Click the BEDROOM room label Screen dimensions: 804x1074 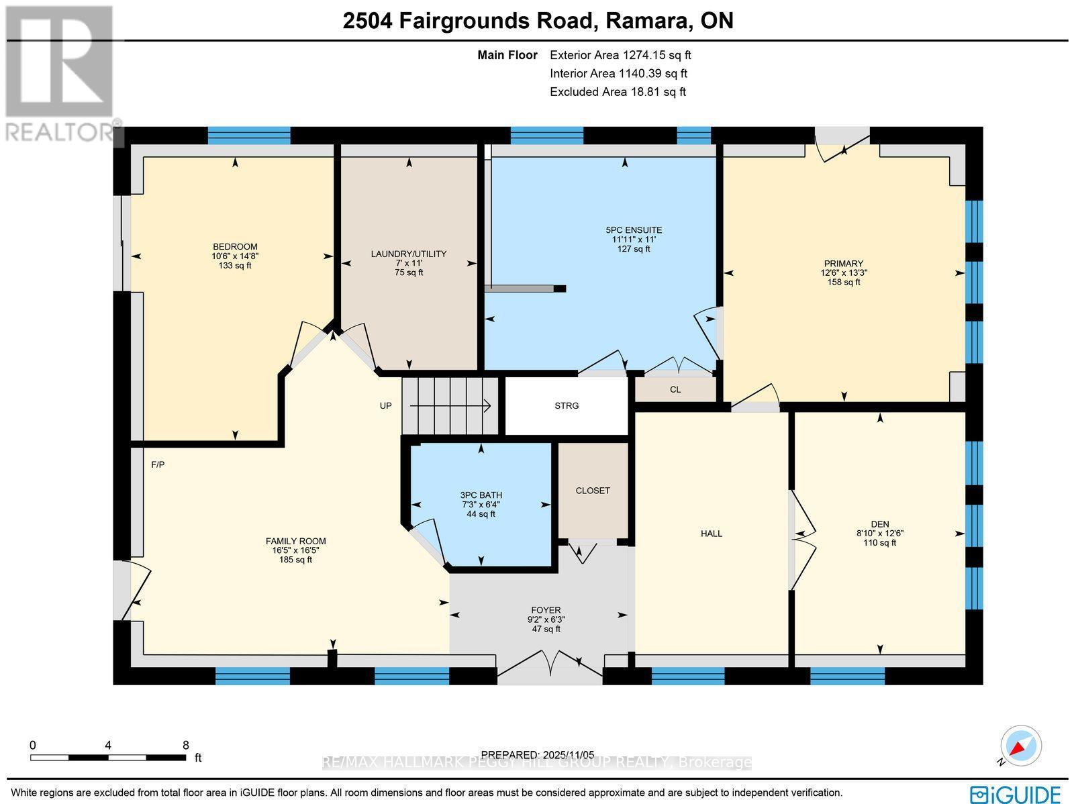[x=235, y=247]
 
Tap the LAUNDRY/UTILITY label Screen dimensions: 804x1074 [x=408, y=254]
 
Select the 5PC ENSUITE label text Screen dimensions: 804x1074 [x=633, y=230]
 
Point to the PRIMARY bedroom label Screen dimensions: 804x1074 [x=844, y=264]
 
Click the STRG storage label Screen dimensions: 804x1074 [x=567, y=405]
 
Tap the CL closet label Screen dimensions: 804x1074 [x=675, y=389]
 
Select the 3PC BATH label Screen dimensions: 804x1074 [x=481, y=495]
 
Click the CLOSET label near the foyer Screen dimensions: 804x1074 [x=593, y=491]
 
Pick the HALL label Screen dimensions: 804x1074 [x=712, y=534]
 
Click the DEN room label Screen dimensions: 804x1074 [x=879, y=524]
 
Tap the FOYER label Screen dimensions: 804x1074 [x=544, y=611]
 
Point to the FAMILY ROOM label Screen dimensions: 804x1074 [x=296, y=541]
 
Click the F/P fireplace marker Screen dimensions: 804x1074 [x=158, y=464]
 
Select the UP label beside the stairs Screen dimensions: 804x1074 [x=385, y=405]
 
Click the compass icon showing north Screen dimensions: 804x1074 [x=1020, y=746]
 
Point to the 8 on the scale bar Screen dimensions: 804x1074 [x=186, y=745]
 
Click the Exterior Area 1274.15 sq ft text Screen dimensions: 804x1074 [x=620, y=55]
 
